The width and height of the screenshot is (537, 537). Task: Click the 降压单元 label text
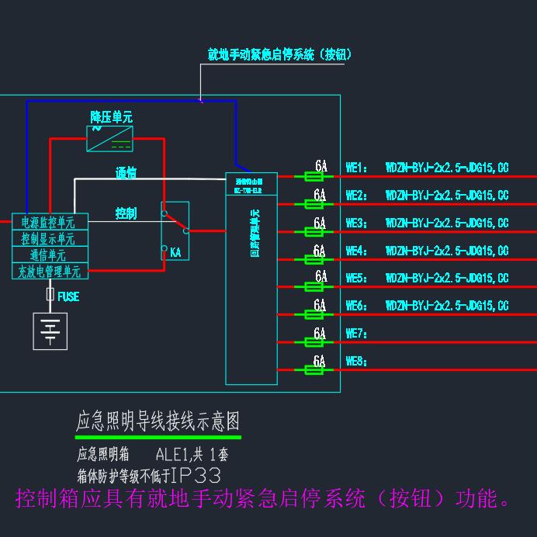click(x=111, y=117)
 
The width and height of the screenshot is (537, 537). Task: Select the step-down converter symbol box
click(x=109, y=140)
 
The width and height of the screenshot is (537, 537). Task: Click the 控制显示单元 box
click(x=50, y=239)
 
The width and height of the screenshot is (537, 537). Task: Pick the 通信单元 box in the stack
click(x=50, y=255)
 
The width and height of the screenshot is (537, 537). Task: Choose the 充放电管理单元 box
click(x=50, y=272)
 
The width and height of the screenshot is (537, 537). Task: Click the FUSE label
click(x=68, y=296)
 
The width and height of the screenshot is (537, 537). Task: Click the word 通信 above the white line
click(x=126, y=172)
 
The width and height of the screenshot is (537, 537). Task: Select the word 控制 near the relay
click(x=126, y=213)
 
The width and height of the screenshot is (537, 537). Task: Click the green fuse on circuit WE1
click(x=315, y=178)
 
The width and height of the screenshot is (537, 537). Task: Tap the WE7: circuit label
click(x=355, y=334)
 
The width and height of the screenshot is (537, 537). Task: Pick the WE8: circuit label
click(x=355, y=362)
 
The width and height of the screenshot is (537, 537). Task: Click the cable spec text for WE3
click(x=447, y=223)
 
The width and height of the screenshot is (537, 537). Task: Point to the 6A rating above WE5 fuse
click(x=320, y=277)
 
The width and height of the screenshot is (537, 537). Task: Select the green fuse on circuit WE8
click(x=315, y=370)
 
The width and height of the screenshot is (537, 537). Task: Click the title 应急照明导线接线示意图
click(x=158, y=421)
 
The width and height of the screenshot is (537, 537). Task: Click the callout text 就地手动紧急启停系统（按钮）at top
click(x=280, y=54)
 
